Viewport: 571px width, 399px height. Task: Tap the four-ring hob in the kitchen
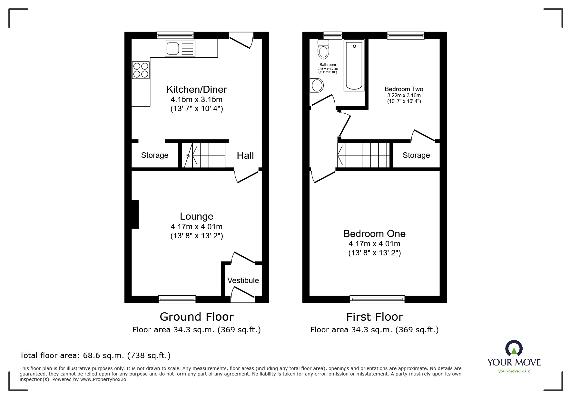(141, 70)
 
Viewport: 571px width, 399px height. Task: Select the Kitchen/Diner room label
(196, 89)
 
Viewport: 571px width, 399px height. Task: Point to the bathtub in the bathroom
(354, 66)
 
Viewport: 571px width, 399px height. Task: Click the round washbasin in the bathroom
(317, 86)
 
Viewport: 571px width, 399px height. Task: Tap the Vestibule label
(243, 280)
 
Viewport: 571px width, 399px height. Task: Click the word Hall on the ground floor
(245, 156)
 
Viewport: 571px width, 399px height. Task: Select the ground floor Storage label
(155, 155)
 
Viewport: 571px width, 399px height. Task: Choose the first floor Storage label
(416, 155)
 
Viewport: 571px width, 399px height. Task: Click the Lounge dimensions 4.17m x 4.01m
(196, 227)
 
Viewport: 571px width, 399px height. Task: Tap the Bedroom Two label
(404, 89)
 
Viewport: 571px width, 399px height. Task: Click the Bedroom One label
(374, 233)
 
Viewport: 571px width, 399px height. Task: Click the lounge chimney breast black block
(135, 214)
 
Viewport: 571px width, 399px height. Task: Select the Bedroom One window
(377, 299)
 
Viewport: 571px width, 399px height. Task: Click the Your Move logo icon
(514, 348)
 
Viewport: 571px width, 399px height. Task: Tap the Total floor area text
(95, 356)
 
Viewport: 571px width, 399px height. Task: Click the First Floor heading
(374, 317)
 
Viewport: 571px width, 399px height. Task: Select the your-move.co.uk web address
(514, 371)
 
